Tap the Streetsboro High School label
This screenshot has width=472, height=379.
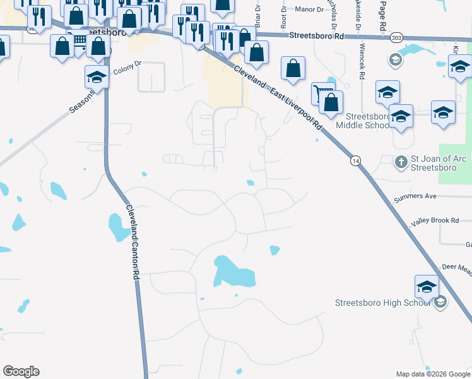pos(383,303)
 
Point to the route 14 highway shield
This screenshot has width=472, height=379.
pos(357,162)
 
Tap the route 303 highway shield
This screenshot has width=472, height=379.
pos(396,37)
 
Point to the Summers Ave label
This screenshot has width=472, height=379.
pos(415,196)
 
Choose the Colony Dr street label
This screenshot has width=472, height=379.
pos(128,68)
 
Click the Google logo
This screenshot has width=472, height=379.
pos(21,371)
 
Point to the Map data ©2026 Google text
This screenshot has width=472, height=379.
pos(433,374)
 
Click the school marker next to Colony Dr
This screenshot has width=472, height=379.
pos(97,78)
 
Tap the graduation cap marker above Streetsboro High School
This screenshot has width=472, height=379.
pos(427,287)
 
